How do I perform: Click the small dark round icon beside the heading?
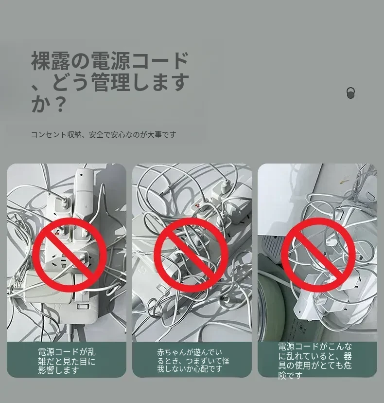(351, 93)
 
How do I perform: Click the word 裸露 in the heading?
(51, 61)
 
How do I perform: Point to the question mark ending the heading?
(60, 104)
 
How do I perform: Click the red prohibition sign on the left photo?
(70, 255)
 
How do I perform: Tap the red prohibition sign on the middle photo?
(191, 255)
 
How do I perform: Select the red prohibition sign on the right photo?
(318, 255)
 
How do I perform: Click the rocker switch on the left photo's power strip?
(83, 306)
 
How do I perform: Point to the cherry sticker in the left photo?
(58, 233)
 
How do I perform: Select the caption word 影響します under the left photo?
(58, 370)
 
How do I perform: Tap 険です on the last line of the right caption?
(290, 375)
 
